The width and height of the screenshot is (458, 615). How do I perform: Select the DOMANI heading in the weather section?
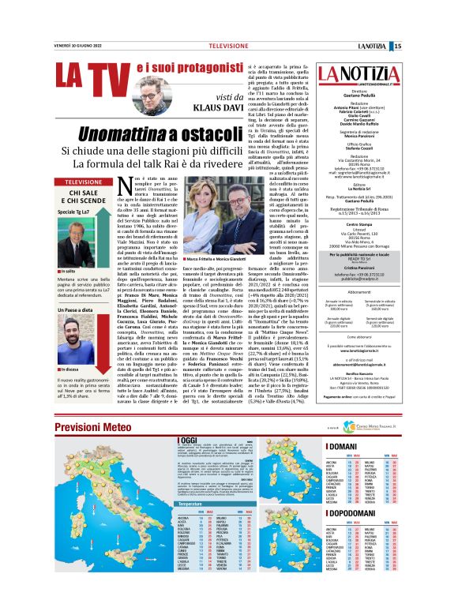coord(343,445)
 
